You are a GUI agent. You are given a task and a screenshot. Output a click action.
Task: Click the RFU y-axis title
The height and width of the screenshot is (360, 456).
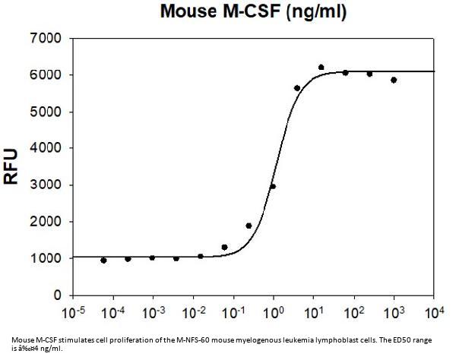point(13,166)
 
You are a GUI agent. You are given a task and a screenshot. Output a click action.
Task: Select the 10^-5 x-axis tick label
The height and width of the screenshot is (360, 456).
point(74,313)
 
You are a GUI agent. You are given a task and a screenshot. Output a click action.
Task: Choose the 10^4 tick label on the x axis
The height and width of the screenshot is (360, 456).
point(433,313)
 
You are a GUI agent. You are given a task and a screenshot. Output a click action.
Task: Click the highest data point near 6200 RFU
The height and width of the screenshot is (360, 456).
point(321,68)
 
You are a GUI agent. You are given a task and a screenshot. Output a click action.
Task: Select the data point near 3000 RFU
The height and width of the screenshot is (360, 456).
point(273,186)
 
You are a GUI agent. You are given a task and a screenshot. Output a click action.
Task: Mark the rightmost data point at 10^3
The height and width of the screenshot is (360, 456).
point(394,80)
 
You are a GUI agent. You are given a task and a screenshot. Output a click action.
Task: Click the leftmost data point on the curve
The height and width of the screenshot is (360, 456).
point(103,260)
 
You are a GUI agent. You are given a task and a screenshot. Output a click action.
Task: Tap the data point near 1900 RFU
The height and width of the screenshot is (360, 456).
point(249,226)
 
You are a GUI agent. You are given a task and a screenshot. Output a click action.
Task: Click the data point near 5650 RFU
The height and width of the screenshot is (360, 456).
point(297,88)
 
